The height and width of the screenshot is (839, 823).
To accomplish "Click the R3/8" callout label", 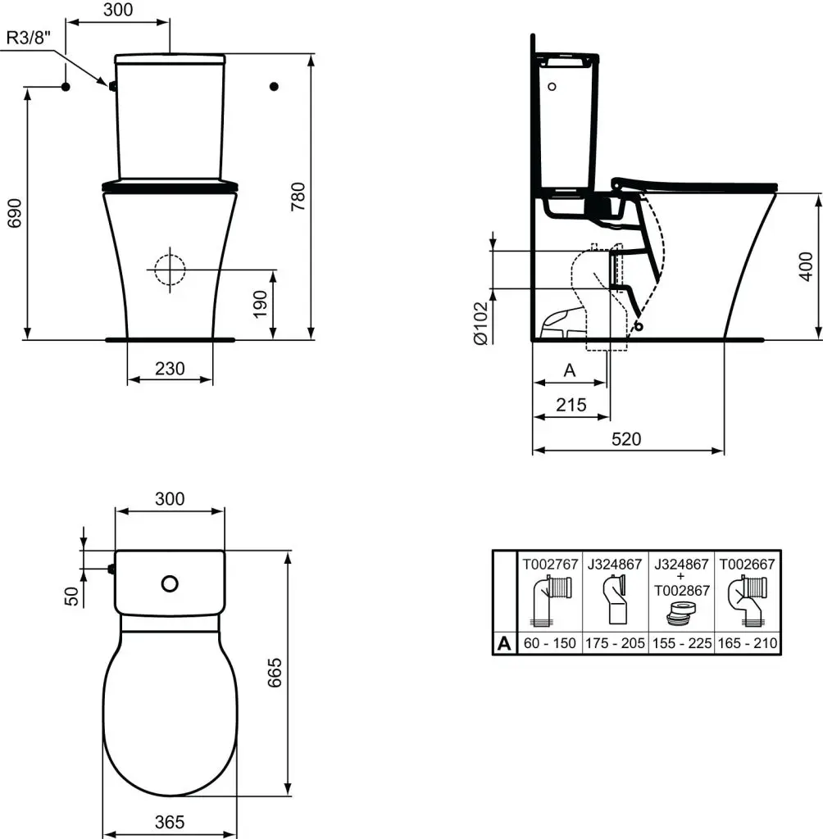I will click(x=30, y=38).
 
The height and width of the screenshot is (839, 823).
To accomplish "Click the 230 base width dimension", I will click(x=170, y=370).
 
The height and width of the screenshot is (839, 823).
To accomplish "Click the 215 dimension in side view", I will click(x=571, y=405).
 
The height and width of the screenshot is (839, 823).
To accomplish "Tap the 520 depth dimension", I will click(x=626, y=439).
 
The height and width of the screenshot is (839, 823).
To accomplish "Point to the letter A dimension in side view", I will click(x=571, y=370).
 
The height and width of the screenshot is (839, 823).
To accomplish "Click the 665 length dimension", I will click(x=275, y=673).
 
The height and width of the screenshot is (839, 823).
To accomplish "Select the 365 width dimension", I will click(x=170, y=822).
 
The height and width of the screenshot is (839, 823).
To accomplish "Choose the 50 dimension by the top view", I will click(x=71, y=596).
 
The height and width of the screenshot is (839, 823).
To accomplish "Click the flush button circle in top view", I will click(x=170, y=583).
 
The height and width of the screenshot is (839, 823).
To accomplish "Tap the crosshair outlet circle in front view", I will click(x=170, y=268).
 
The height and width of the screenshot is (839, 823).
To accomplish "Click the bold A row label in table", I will click(x=504, y=644).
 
